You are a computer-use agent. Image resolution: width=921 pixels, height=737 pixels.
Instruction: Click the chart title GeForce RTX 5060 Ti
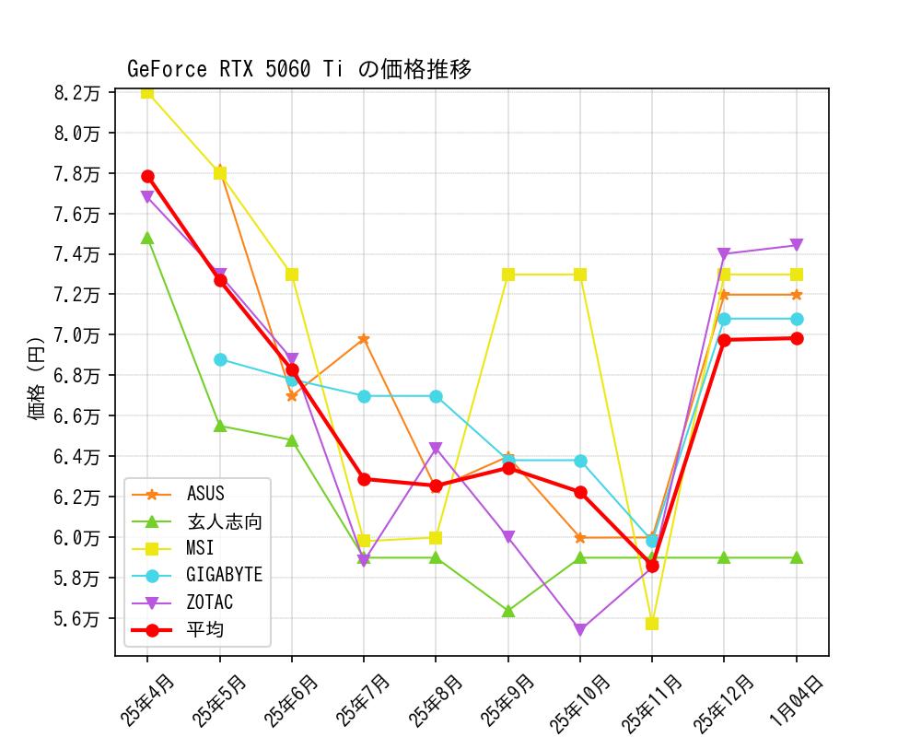(299, 70)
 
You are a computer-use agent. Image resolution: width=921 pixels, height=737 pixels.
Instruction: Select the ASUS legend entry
(204, 495)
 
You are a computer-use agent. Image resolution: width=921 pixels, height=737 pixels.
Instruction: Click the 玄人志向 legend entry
(224, 522)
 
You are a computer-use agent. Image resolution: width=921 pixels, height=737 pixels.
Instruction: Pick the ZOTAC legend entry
(209, 602)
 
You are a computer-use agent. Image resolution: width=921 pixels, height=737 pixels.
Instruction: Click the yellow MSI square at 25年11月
(652, 624)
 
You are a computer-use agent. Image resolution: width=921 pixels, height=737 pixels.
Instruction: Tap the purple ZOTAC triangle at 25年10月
(580, 630)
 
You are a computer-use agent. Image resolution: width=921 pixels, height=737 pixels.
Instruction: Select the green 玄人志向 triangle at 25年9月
(508, 611)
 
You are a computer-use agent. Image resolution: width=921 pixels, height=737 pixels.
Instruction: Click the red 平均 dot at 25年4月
(147, 176)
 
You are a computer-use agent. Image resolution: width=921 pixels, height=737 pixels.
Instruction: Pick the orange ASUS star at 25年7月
(364, 339)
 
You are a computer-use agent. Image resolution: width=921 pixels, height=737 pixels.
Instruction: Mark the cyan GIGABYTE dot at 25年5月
(220, 359)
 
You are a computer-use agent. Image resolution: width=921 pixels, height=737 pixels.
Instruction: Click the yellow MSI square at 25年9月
(508, 275)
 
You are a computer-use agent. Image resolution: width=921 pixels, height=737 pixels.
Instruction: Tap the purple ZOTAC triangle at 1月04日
(797, 245)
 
